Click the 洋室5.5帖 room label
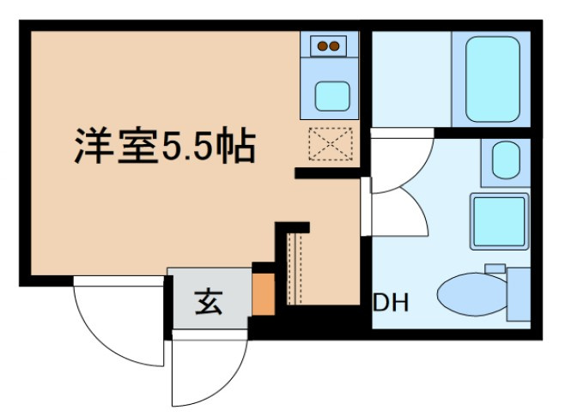pyautogui.click(x=163, y=145)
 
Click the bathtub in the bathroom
pyautogui.click(x=494, y=79)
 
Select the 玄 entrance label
pyautogui.click(x=208, y=302)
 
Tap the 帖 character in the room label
pyautogui.click(x=238, y=145)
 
